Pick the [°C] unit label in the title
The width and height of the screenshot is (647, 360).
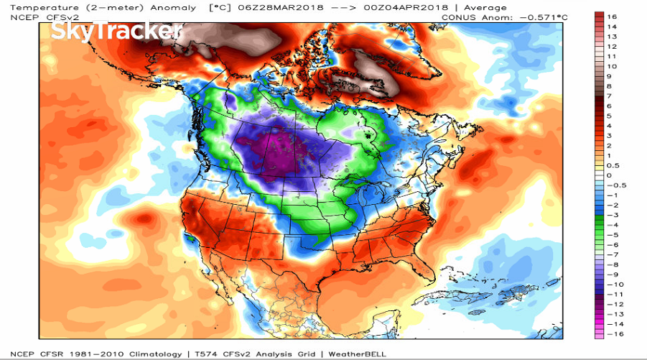coord(219,7)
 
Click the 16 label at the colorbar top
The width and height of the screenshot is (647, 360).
coord(611,15)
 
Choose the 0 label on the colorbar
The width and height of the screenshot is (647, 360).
coord(609,175)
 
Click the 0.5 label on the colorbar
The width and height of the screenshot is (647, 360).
coord(613,165)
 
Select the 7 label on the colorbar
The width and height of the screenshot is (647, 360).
coord(609,96)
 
